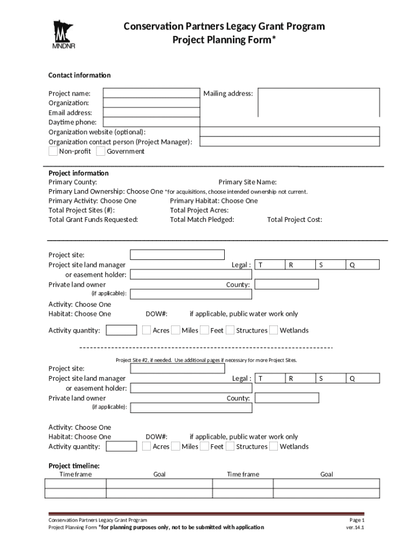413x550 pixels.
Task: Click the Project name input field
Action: [x=151, y=93]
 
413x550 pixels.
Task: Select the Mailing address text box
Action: [x=319, y=102]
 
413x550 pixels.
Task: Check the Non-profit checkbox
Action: [x=53, y=151]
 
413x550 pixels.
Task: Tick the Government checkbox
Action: [x=100, y=151]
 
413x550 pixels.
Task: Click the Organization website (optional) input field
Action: [x=290, y=132]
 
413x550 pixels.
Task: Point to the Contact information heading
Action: [x=79, y=75]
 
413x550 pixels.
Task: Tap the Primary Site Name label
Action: [x=247, y=183]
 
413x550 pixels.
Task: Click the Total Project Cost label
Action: [x=294, y=220]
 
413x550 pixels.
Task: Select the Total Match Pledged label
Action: [x=202, y=220]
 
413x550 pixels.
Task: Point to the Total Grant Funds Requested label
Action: [x=93, y=220]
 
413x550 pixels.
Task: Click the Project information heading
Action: [x=78, y=173]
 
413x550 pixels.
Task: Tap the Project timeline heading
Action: [x=74, y=466]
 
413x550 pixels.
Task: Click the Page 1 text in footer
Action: [x=357, y=520]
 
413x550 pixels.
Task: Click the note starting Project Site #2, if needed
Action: [x=206, y=360]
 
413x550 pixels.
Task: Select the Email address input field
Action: [x=151, y=113]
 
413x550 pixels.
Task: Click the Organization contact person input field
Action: [x=290, y=142]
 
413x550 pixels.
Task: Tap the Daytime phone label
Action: [x=72, y=122]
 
